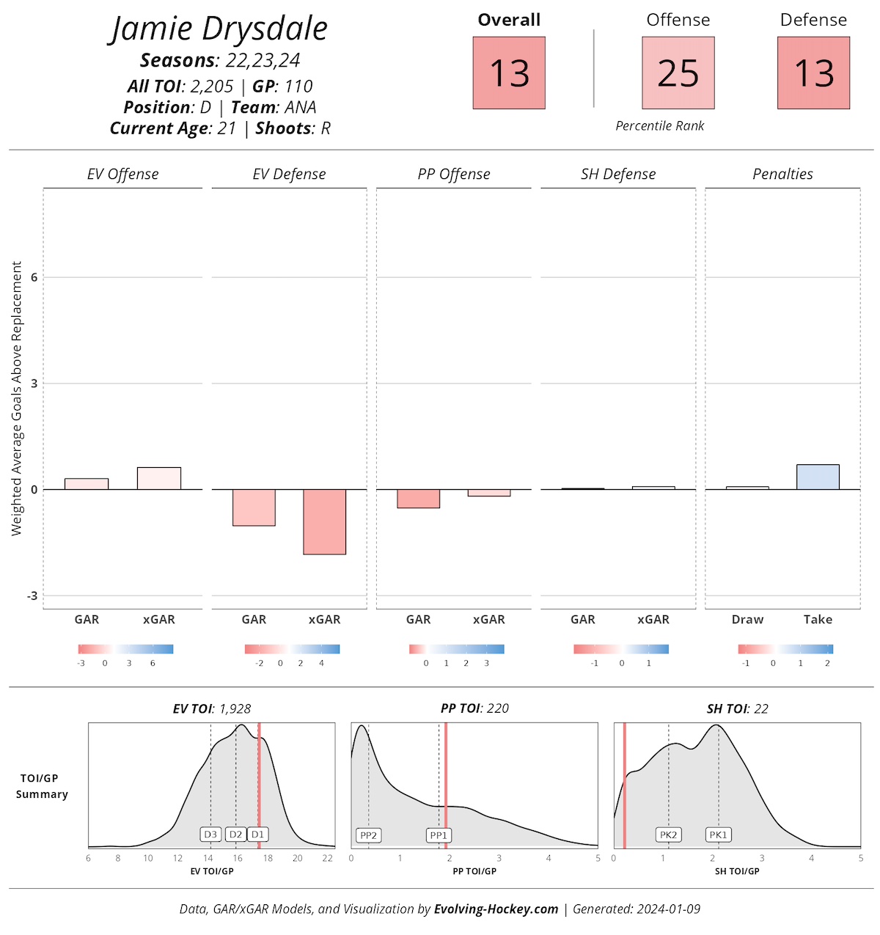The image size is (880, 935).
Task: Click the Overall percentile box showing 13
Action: tap(509, 73)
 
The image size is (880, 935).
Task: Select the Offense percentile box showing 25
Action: tap(678, 73)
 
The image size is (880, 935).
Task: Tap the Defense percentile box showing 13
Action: tap(813, 73)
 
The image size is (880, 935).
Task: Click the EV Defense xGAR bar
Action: tap(324, 521)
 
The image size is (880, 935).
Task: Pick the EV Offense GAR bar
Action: tap(87, 484)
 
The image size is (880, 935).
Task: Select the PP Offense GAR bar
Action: tap(418, 499)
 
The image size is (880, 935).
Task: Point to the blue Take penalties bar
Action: tap(818, 477)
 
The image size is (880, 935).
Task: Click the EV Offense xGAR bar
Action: tap(159, 478)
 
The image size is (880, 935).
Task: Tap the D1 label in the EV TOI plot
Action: tap(257, 835)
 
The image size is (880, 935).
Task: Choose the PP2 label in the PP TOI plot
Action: tap(368, 835)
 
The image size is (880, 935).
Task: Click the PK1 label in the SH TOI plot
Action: tap(718, 835)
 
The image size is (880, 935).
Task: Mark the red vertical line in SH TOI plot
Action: tap(624, 785)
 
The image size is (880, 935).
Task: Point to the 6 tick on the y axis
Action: tap(34, 277)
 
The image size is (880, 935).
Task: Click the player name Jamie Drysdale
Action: tap(219, 29)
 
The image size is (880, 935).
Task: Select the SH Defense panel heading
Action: tap(618, 174)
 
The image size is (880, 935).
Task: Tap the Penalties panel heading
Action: tap(782, 174)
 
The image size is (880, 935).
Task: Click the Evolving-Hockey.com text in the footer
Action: tap(496, 909)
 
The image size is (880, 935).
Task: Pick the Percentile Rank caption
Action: tap(659, 126)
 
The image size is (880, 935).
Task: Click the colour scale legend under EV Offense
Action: tap(125, 649)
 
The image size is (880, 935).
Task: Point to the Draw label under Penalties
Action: tap(747, 620)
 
